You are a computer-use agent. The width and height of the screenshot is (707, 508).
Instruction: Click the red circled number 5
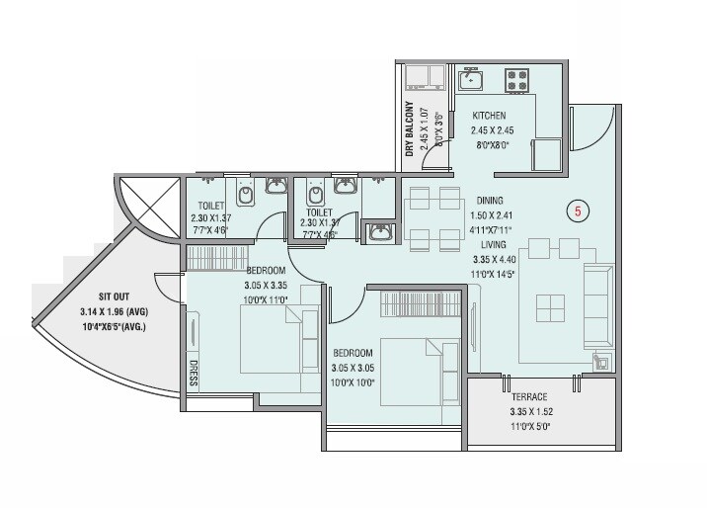tap(581, 210)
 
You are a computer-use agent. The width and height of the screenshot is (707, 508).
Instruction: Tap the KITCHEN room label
tap(488, 116)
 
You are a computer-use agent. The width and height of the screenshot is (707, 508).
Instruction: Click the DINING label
tap(489, 199)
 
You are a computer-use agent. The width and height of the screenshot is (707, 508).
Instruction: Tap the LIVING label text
tap(494, 243)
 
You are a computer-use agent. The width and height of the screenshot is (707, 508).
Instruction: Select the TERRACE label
tap(530, 397)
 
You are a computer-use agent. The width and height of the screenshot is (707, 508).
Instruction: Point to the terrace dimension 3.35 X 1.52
tap(530, 412)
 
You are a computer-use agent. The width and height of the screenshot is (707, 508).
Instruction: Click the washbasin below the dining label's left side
tap(381, 233)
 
